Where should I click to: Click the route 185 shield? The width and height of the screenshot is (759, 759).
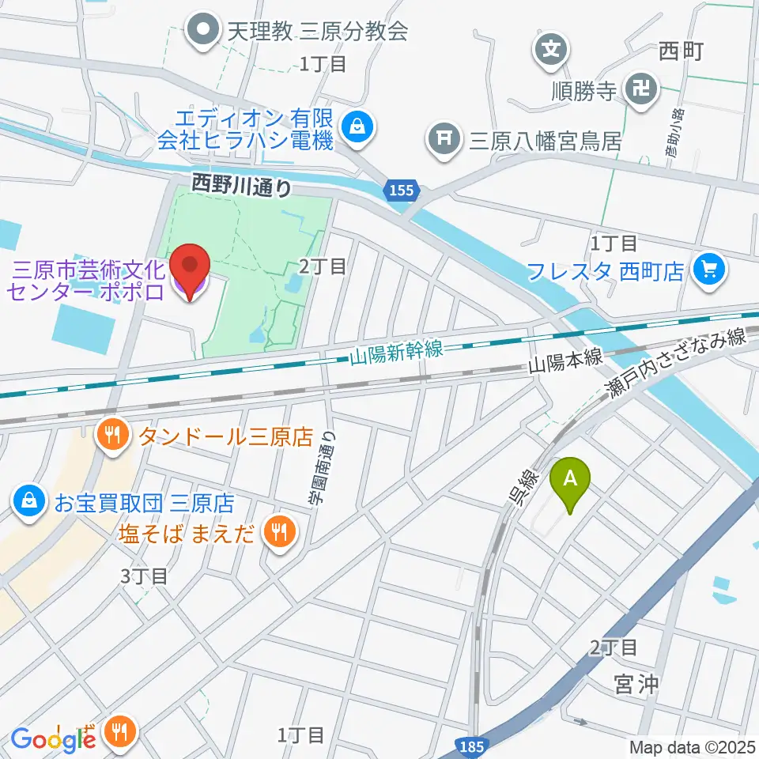(474, 745)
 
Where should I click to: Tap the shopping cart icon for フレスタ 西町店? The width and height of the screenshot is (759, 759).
(707, 270)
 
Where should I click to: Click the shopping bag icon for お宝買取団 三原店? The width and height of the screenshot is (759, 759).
(28, 502)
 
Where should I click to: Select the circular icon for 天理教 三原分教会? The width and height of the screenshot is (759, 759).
(203, 31)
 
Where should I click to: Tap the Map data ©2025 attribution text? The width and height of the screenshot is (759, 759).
(693, 746)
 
